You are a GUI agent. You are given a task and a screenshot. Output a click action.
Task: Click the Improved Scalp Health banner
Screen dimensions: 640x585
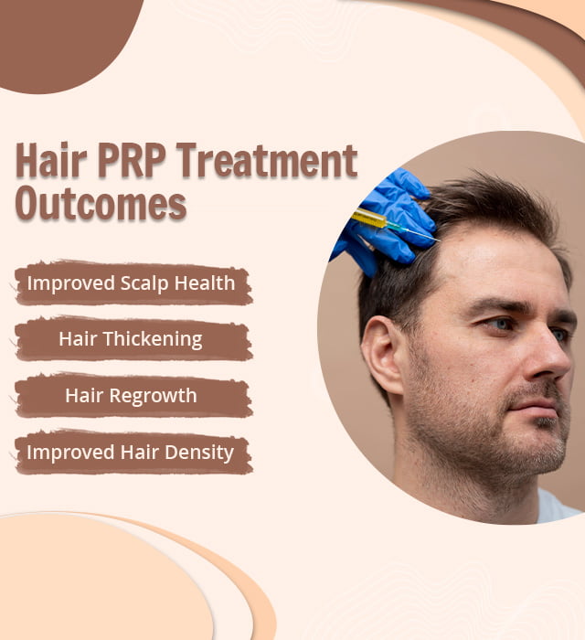click(x=131, y=283)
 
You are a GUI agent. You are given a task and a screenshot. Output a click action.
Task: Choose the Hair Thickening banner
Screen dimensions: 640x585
click(x=131, y=339)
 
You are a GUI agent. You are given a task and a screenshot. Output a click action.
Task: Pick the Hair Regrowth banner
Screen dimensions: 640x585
click(x=131, y=396)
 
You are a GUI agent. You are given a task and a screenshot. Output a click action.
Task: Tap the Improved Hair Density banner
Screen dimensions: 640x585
click(x=131, y=452)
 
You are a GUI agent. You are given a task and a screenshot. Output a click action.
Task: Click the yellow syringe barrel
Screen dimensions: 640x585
click(x=369, y=219)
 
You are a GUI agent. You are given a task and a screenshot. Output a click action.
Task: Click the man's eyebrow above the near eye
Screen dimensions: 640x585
click(x=500, y=304)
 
